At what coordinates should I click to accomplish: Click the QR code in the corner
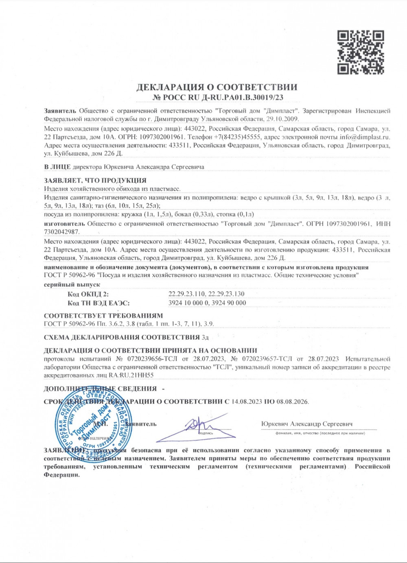(361, 52)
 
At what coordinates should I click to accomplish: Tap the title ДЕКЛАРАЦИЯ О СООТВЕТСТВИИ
(217, 87)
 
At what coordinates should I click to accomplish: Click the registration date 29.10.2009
(282, 119)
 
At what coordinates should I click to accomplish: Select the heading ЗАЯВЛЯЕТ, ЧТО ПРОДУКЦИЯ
(95, 180)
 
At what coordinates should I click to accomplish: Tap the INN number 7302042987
(61, 231)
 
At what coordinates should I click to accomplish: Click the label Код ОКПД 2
(88, 294)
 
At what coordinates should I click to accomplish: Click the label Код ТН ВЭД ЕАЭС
(99, 303)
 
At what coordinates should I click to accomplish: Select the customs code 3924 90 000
(229, 303)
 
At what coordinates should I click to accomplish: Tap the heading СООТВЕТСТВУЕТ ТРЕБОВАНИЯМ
(103, 316)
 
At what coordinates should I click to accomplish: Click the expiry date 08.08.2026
(292, 402)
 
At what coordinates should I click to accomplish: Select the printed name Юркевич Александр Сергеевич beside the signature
(307, 424)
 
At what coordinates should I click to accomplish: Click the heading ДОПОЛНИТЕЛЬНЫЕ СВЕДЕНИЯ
(100, 388)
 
